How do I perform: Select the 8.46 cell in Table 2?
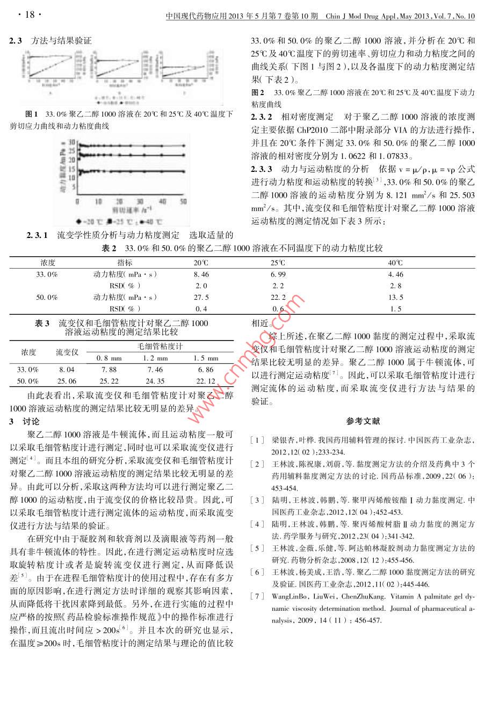point(201,275)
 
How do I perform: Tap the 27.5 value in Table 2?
point(201,297)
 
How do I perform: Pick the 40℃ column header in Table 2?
point(395,263)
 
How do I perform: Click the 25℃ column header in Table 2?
point(278,263)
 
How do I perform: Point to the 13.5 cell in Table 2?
point(395,297)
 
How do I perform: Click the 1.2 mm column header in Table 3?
point(155,358)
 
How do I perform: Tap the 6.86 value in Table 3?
point(206,370)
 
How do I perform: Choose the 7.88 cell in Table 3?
point(109,370)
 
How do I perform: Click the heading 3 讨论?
point(24,421)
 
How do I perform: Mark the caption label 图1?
point(31,114)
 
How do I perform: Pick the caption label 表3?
point(42,323)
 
